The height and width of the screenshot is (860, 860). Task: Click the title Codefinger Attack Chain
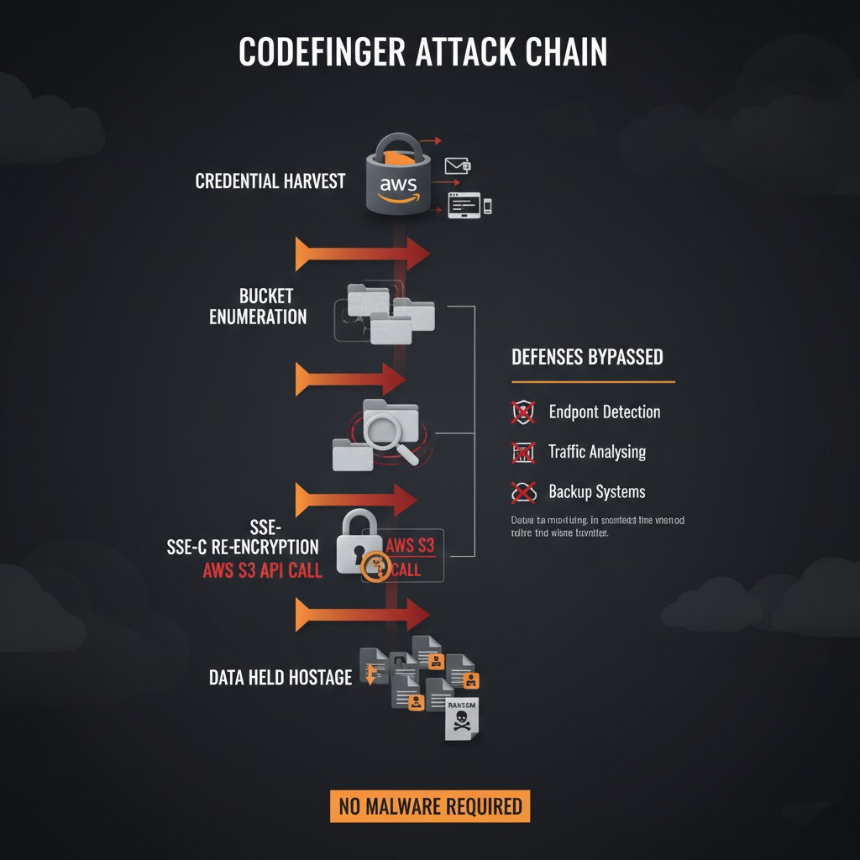tap(422, 53)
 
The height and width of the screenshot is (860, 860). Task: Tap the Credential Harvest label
tap(270, 181)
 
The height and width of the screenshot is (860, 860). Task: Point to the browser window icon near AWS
tap(464, 204)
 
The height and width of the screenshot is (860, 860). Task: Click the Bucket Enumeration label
tap(260, 307)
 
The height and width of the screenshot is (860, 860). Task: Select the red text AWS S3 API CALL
tap(263, 571)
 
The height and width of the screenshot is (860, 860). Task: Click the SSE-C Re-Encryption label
tap(244, 547)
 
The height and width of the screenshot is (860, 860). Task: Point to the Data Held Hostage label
tap(280, 677)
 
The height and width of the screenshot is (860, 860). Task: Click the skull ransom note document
tap(463, 718)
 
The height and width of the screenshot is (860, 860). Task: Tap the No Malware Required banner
tap(430, 806)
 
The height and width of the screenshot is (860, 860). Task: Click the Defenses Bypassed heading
tap(587, 357)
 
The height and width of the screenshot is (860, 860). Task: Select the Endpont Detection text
tap(604, 412)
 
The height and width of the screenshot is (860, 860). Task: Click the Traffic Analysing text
tap(597, 452)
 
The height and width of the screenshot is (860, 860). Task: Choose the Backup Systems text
tap(596, 491)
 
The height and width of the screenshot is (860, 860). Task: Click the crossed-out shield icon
tap(523, 412)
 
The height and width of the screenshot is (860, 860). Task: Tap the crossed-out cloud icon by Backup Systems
tap(523, 491)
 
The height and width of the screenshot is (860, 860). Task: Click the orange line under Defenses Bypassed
tap(593, 382)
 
